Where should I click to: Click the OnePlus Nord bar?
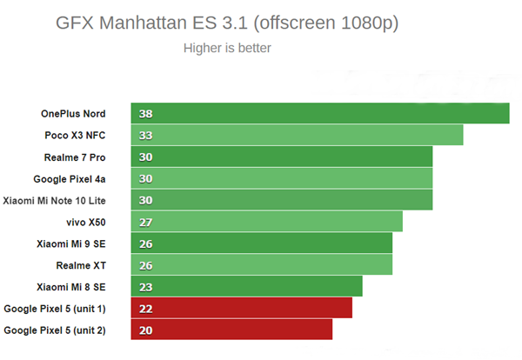click(x=320, y=114)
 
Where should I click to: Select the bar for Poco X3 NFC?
click(x=298, y=136)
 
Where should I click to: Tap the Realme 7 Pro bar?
click(x=282, y=157)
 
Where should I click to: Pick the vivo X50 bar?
click(x=267, y=222)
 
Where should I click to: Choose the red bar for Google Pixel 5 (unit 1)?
click(x=242, y=308)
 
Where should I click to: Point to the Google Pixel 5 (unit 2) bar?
click(x=231, y=330)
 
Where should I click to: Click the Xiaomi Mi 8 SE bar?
click(x=247, y=286)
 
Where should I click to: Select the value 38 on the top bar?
click(x=145, y=114)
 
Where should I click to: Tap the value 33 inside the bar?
click(x=145, y=136)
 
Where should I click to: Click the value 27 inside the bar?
click(x=145, y=222)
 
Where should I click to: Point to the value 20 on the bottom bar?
click(x=145, y=330)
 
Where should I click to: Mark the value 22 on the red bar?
click(x=145, y=308)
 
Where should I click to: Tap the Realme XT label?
click(x=81, y=264)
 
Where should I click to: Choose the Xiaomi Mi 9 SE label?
click(x=71, y=243)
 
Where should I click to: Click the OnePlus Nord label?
click(x=73, y=114)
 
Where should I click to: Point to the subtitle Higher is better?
click(x=227, y=48)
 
